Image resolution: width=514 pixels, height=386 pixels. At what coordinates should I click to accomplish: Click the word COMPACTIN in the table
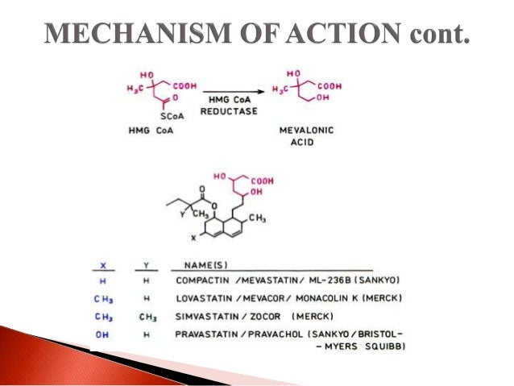tap(201, 280)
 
